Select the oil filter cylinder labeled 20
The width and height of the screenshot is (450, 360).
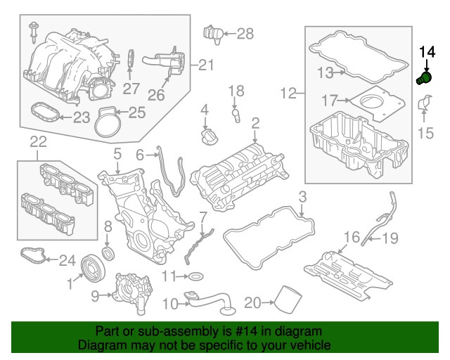coord(287,302)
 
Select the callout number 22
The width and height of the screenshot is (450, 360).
coord(38,142)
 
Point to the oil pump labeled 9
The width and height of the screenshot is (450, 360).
coord(131,290)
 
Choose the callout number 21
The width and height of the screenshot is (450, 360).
coord(205,65)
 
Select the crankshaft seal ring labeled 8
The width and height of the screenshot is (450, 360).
coord(108,252)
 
